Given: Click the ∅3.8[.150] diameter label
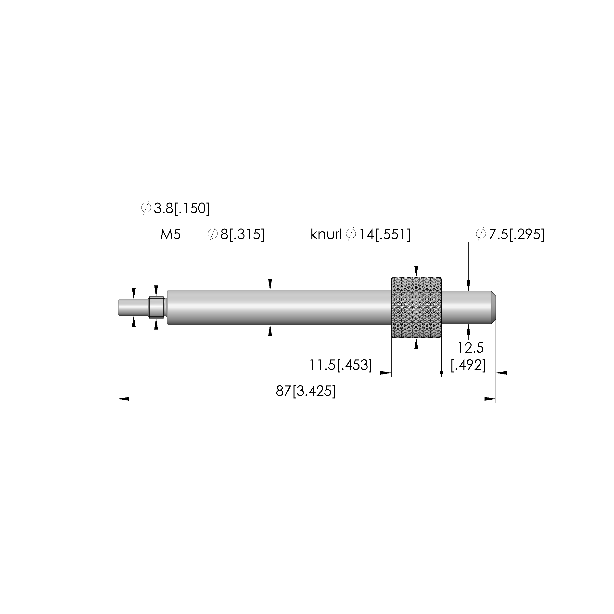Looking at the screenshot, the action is (x=175, y=208).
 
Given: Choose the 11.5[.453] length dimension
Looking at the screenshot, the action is (x=340, y=365).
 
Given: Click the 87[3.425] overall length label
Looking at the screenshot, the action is (x=306, y=391).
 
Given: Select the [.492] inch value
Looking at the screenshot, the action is (x=468, y=365).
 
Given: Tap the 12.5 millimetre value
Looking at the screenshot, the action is (x=471, y=348).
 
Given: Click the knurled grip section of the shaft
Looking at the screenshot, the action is (x=416, y=308).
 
